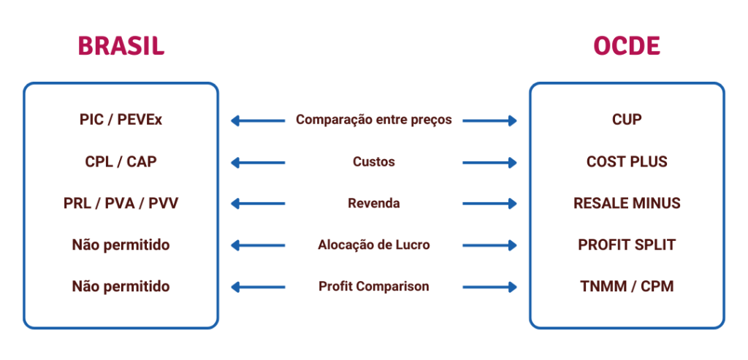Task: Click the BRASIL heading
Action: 121,46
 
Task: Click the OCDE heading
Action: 627,46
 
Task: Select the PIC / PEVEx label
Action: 121,120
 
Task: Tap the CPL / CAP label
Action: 121,161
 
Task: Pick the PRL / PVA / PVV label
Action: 121,203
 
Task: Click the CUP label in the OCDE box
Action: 627,120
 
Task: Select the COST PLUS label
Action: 627,161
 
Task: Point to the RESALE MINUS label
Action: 627,203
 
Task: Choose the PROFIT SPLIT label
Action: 627,245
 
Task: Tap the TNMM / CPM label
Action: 627,286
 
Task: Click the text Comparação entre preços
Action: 374,120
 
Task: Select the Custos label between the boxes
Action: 374,161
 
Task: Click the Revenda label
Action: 374,203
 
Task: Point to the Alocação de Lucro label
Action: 374,245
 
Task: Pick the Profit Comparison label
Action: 374,286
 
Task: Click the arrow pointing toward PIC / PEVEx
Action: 257,120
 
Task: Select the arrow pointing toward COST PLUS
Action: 490,162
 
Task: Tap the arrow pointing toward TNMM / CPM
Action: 490,287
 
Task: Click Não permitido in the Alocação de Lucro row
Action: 121,245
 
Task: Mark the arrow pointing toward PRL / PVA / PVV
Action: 257,204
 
